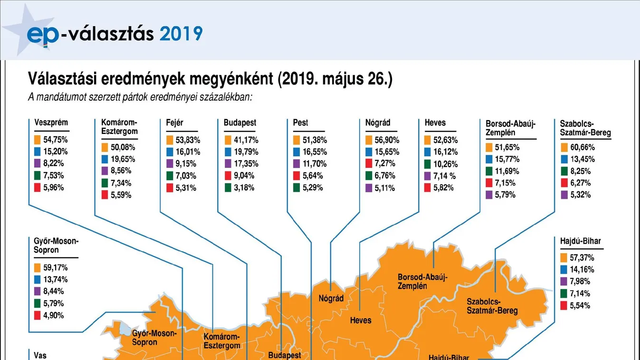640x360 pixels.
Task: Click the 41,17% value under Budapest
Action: click(x=244, y=140)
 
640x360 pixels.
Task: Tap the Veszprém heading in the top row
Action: click(x=51, y=123)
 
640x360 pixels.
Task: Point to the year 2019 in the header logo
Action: click(x=181, y=34)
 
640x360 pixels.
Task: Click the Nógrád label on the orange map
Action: click(x=331, y=298)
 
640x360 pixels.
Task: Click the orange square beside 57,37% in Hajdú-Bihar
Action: click(x=564, y=258)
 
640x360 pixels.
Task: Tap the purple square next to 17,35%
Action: click(x=227, y=164)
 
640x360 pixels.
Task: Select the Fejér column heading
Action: click(x=174, y=123)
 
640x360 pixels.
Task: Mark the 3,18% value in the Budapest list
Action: click(x=244, y=188)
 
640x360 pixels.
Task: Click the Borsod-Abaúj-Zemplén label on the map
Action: click(x=423, y=281)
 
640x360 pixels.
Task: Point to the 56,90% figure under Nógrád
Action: click(x=387, y=140)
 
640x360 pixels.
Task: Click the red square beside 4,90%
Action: click(x=38, y=315)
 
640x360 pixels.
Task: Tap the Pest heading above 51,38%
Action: click(x=300, y=123)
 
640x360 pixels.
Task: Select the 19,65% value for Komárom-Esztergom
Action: click(x=123, y=159)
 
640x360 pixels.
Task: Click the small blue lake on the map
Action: click(x=125, y=328)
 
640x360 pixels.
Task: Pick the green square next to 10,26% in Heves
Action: click(x=429, y=164)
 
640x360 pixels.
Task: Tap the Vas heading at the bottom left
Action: click(x=40, y=355)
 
